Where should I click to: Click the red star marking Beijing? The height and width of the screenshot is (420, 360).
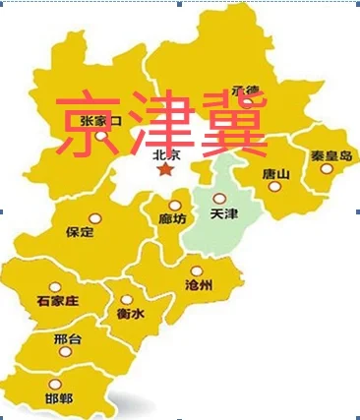pyautogui.click(x=165, y=171)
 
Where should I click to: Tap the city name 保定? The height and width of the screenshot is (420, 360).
pyautogui.click(x=80, y=233)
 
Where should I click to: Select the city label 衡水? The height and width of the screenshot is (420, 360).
pyautogui.click(x=130, y=314)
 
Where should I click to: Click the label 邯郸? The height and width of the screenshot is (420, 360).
pyautogui.click(x=59, y=399)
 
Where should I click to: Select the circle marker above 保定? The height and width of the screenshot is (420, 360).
pyautogui.click(x=94, y=217)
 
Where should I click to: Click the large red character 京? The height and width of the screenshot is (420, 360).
pyautogui.click(x=89, y=126)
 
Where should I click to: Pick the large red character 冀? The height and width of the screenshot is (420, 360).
pyautogui.click(x=232, y=126)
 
